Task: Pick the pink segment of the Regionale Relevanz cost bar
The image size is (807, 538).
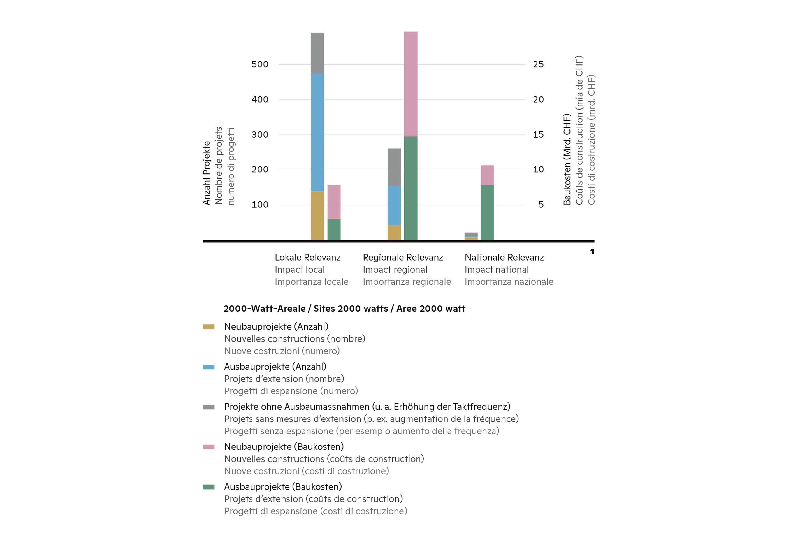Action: (411, 84)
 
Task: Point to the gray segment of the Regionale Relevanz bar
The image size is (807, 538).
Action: (394, 167)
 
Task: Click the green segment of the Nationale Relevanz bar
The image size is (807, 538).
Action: (487, 212)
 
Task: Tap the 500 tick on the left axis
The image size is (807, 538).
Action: (260, 64)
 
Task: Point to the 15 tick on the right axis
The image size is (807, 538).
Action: (538, 134)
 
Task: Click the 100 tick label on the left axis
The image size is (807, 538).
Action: (260, 205)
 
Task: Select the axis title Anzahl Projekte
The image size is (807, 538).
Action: (206, 173)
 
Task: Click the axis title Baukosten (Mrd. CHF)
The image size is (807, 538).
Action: (567, 159)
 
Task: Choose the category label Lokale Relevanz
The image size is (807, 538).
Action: (307, 257)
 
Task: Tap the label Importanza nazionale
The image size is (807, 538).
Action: (509, 282)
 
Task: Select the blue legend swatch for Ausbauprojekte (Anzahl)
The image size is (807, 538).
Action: (208, 367)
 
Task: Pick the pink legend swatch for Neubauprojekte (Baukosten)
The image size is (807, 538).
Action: (208, 447)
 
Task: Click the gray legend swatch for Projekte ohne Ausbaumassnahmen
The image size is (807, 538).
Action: (208, 407)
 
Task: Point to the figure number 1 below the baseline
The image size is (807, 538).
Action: (592, 252)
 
